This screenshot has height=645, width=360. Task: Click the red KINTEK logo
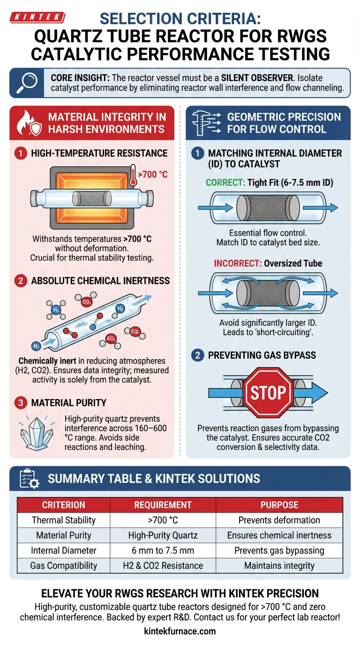pyautogui.click(x=37, y=17)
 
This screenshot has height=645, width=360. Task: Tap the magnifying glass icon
pyautogui.click(x=27, y=83)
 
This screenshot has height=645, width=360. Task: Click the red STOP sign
pyautogui.click(x=268, y=392)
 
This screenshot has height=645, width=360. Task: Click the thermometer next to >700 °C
pyautogui.click(x=133, y=175)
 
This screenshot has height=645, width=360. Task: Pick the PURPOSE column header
pyautogui.click(x=279, y=505)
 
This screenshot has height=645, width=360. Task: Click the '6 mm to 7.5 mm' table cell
pyautogui.click(x=163, y=550)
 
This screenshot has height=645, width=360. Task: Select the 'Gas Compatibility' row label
pyautogui.click(x=64, y=565)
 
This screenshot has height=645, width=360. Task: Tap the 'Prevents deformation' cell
pyautogui.click(x=279, y=520)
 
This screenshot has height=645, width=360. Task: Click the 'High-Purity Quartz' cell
pyautogui.click(x=163, y=535)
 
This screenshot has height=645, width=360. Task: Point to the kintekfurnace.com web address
pyautogui.click(x=180, y=631)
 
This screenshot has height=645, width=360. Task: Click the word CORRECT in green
pyautogui.click(x=225, y=182)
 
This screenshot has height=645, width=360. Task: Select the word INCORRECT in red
pyautogui.click(x=237, y=263)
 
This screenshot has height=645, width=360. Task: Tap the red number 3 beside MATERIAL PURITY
pyautogui.click(x=21, y=403)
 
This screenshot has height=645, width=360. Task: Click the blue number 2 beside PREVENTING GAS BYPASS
pyautogui.click(x=197, y=355)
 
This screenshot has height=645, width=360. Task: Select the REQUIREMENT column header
pyautogui.click(x=163, y=505)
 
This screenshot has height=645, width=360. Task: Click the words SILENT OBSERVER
pyautogui.click(x=257, y=78)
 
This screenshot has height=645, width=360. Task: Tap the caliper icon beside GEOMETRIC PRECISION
pyautogui.click(x=206, y=123)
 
